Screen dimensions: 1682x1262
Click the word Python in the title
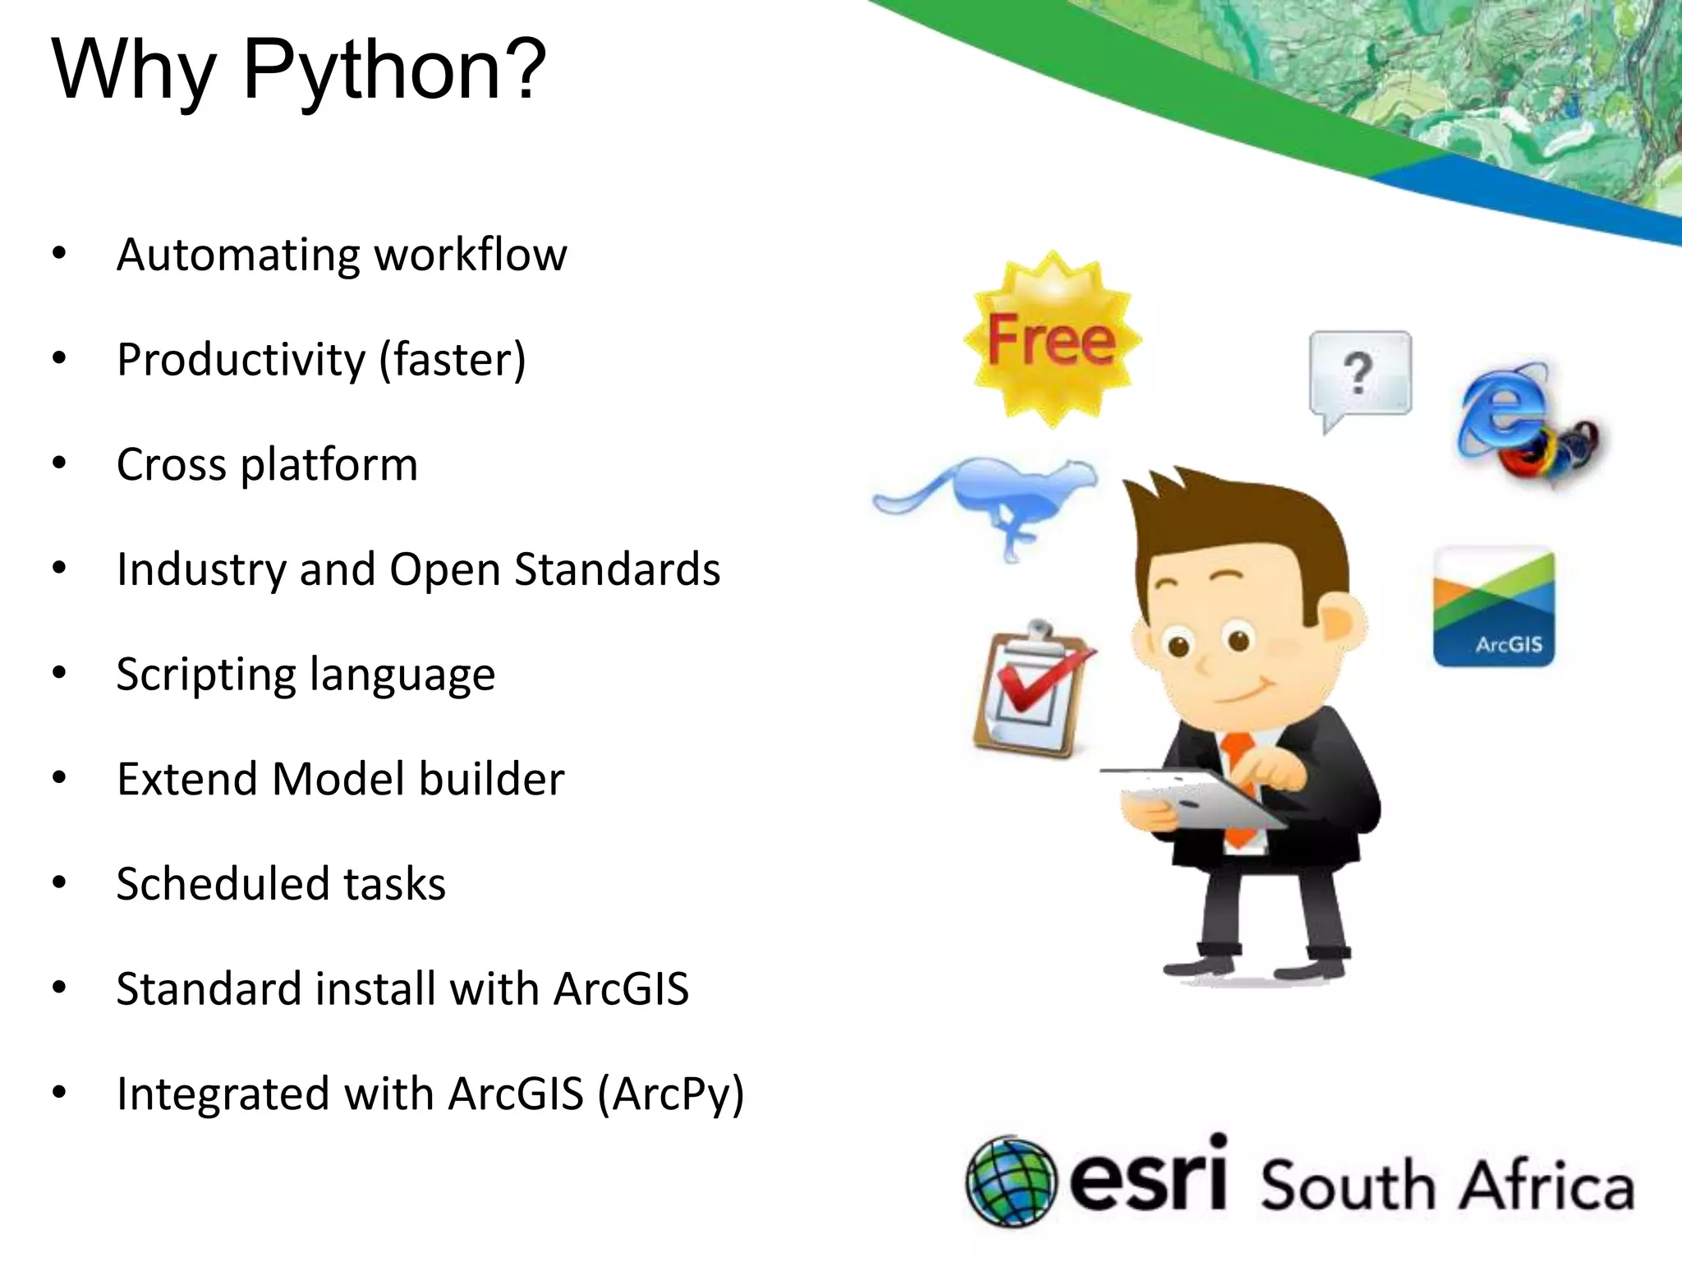(x=394, y=70)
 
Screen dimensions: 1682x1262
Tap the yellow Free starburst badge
(x=1052, y=340)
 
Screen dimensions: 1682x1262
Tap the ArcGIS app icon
(x=1494, y=606)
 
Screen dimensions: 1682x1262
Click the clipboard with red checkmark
(x=1031, y=690)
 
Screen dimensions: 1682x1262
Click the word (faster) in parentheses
(x=453, y=360)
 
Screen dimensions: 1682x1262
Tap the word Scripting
(x=205, y=675)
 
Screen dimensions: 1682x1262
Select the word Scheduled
(x=222, y=884)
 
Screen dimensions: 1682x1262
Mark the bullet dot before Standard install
(x=59, y=988)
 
